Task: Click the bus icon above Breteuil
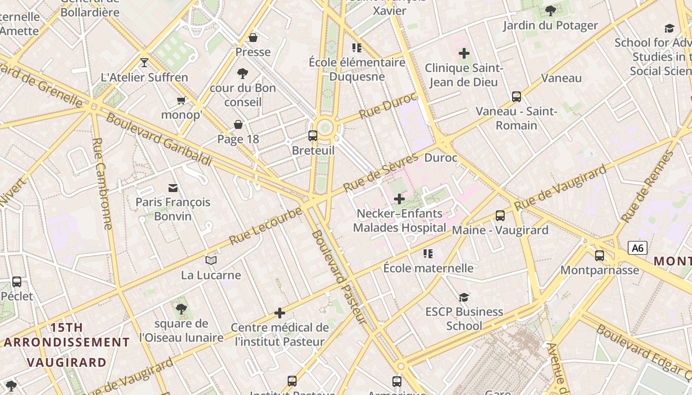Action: tap(313, 135)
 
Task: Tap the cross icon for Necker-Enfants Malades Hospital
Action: tap(399, 199)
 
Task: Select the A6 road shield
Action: tap(638, 248)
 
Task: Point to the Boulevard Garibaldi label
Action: tap(159, 140)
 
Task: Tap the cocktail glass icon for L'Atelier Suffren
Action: tap(144, 62)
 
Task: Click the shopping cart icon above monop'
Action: tap(181, 100)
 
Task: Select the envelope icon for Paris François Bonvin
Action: tap(173, 188)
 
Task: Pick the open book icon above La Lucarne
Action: tap(211, 260)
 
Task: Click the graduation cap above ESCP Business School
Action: tap(464, 297)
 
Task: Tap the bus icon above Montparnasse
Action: tap(600, 255)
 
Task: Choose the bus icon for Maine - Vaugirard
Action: tap(500, 215)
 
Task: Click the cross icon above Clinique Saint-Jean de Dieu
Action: tap(464, 53)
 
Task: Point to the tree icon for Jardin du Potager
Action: tap(550, 10)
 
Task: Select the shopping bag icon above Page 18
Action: tap(238, 124)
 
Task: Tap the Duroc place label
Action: tap(441, 158)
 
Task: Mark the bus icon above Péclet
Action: tap(17, 282)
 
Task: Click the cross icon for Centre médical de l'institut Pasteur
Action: tap(280, 313)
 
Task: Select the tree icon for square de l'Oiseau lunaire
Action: tap(181, 309)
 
